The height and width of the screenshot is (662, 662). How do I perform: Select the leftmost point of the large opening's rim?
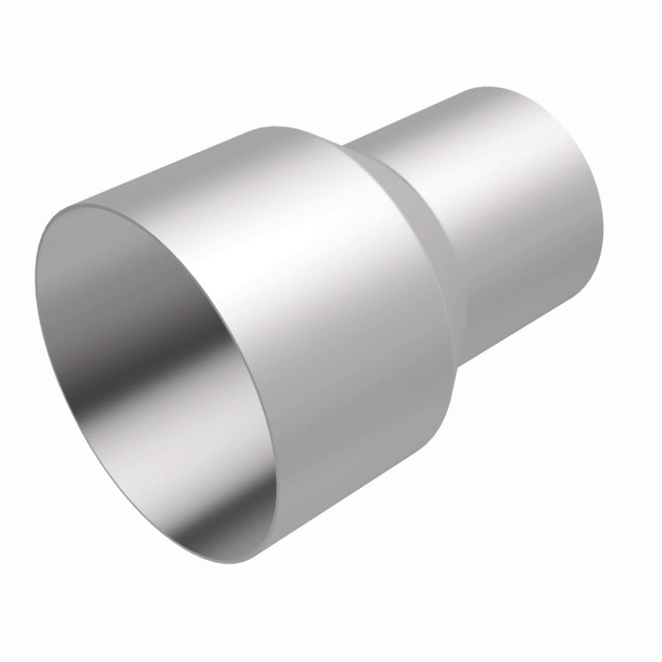[x=34, y=278]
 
